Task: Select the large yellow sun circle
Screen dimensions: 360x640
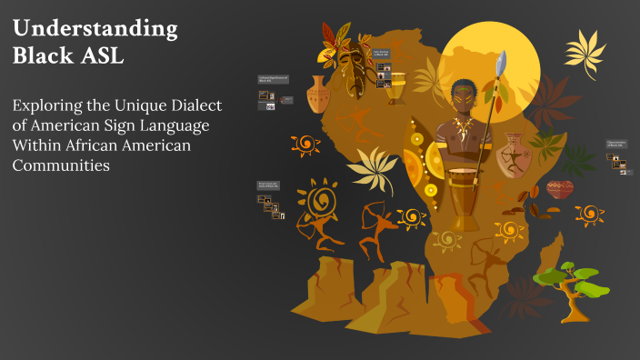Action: point(495,64)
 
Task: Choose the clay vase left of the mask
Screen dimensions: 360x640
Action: point(317,95)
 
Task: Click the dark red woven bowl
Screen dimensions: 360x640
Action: point(560,190)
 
